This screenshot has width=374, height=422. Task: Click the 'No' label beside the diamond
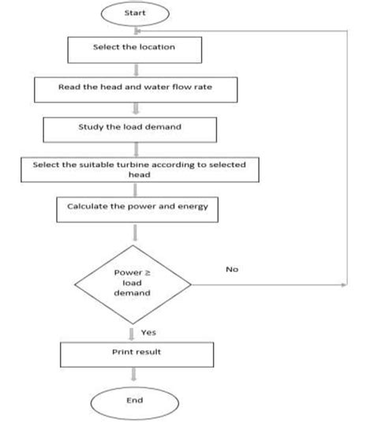click(x=231, y=269)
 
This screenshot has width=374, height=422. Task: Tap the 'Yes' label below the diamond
click(x=148, y=332)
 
